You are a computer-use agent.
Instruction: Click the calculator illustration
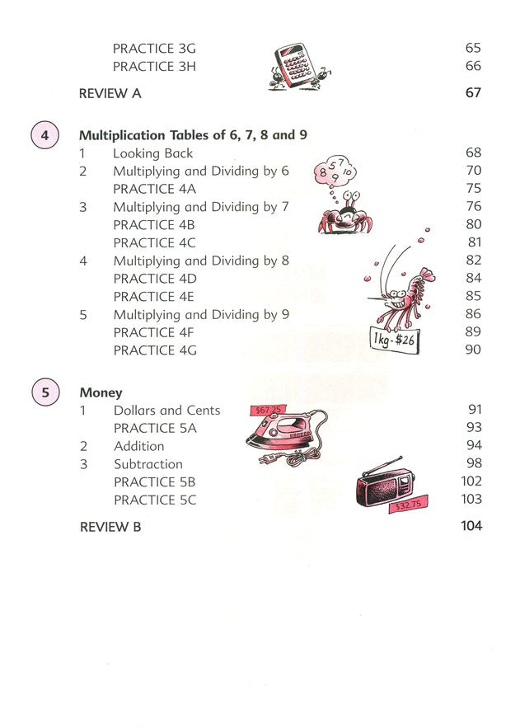click(297, 66)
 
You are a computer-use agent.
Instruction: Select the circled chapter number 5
click(44, 392)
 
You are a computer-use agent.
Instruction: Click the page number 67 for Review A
click(472, 93)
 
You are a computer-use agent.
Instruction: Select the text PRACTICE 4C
click(154, 242)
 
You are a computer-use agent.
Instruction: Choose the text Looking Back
click(152, 153)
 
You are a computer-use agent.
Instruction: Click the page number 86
click(472, 314)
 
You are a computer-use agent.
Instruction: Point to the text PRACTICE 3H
click(154, 67)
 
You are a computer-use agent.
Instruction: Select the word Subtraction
click(148, 464)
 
